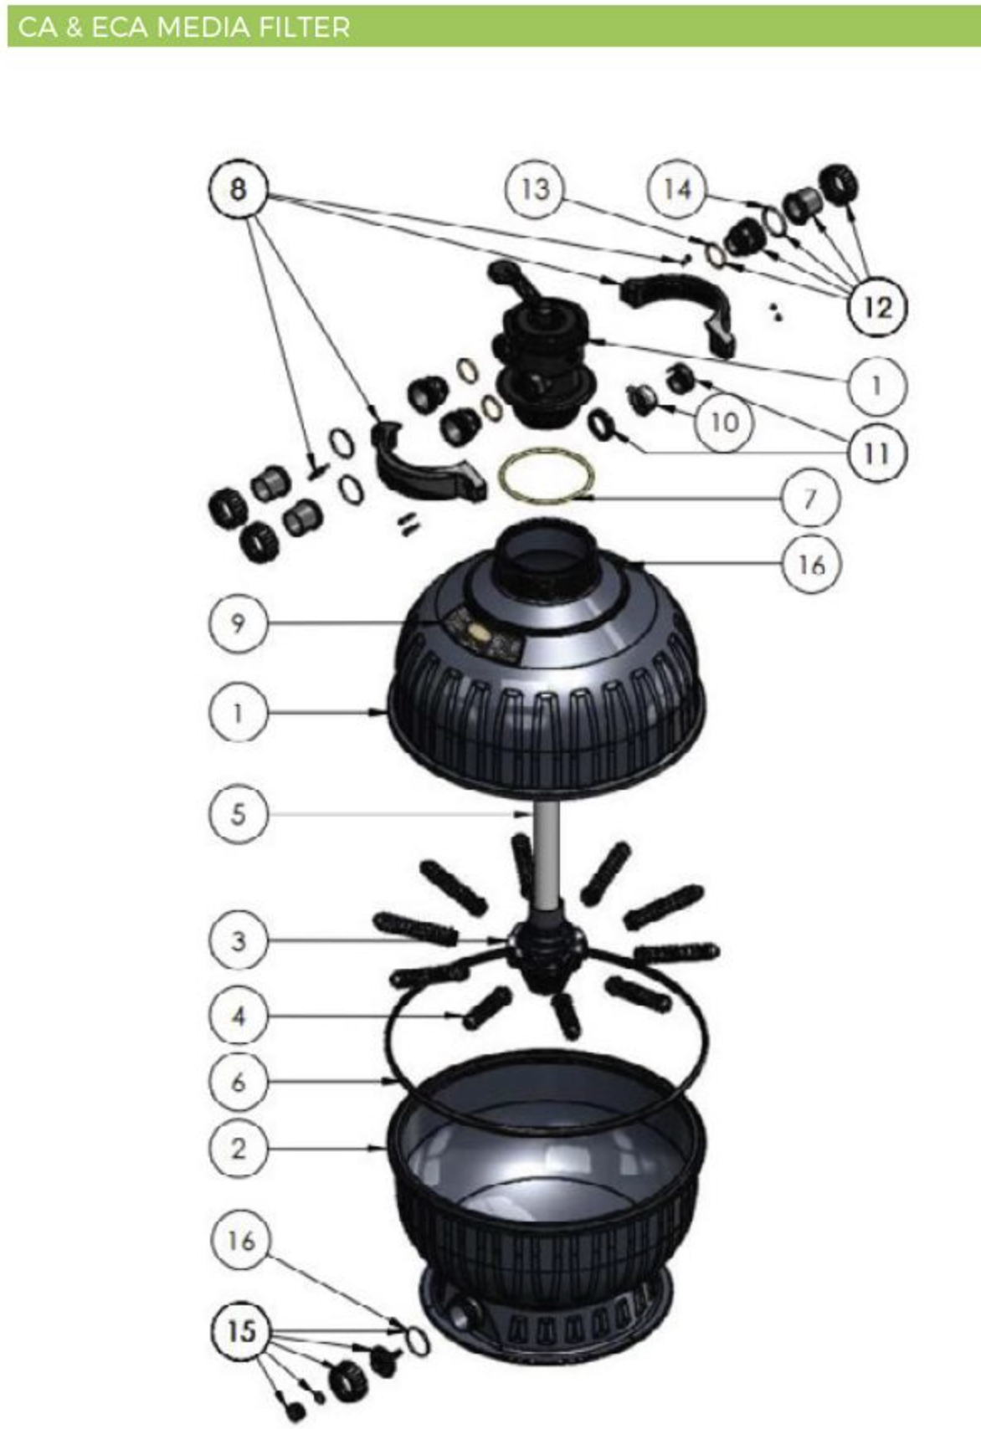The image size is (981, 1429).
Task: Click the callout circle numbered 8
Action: (x=238, y=189)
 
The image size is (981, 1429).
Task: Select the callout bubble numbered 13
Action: (x=534, y=189)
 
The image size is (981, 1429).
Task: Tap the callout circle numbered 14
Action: (x=677, y=189)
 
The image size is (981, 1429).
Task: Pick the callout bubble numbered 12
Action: (x=877, y=308)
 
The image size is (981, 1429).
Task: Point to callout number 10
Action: (x=724, y=423)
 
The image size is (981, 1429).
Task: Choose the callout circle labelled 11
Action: (x=876, y=453)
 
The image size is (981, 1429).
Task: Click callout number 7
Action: (x=810, y=499)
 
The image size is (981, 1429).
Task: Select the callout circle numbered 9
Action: (x=238, y=623)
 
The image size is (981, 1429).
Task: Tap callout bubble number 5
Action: (x=238, y=815)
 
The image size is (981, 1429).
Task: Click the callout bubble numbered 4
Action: (x=238, y=1016)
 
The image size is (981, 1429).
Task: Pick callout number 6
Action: (x=238, y=1081)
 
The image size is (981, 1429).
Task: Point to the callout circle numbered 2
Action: (x=238, y=1148)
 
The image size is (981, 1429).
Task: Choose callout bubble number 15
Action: (x=241, y=1331)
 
